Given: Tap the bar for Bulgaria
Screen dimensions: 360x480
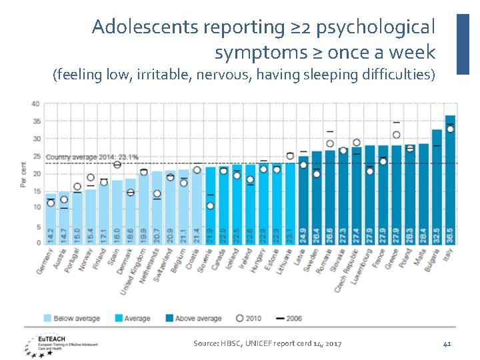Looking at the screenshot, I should point(437,186).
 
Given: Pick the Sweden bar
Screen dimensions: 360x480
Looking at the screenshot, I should point(317,197).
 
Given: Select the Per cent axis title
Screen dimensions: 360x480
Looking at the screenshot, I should point(23,174).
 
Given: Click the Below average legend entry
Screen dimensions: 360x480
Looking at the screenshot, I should point(73,319).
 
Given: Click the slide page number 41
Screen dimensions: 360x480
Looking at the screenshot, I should point(447,343).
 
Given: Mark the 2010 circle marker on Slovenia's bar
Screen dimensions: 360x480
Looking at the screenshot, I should point(211,206).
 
